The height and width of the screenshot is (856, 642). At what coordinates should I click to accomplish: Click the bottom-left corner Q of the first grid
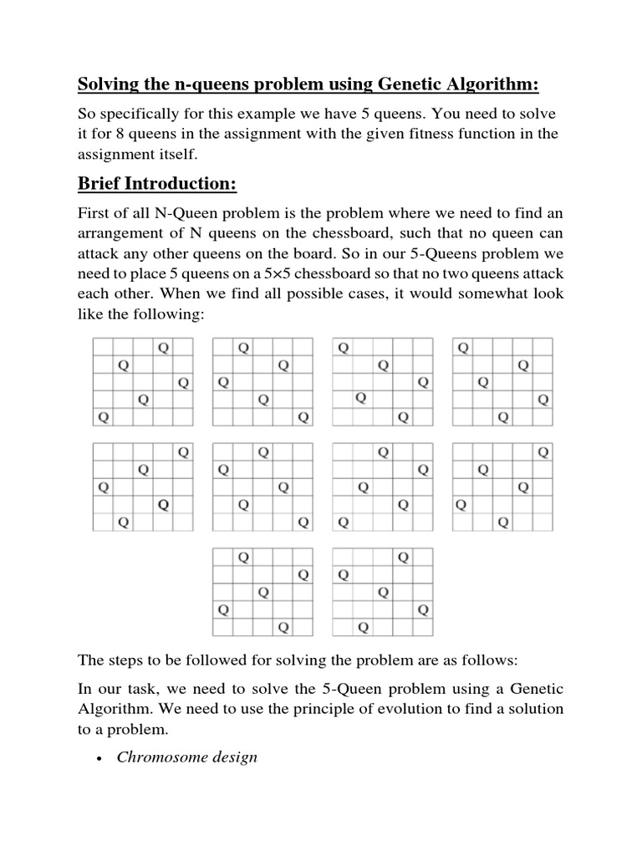(103, 416)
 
